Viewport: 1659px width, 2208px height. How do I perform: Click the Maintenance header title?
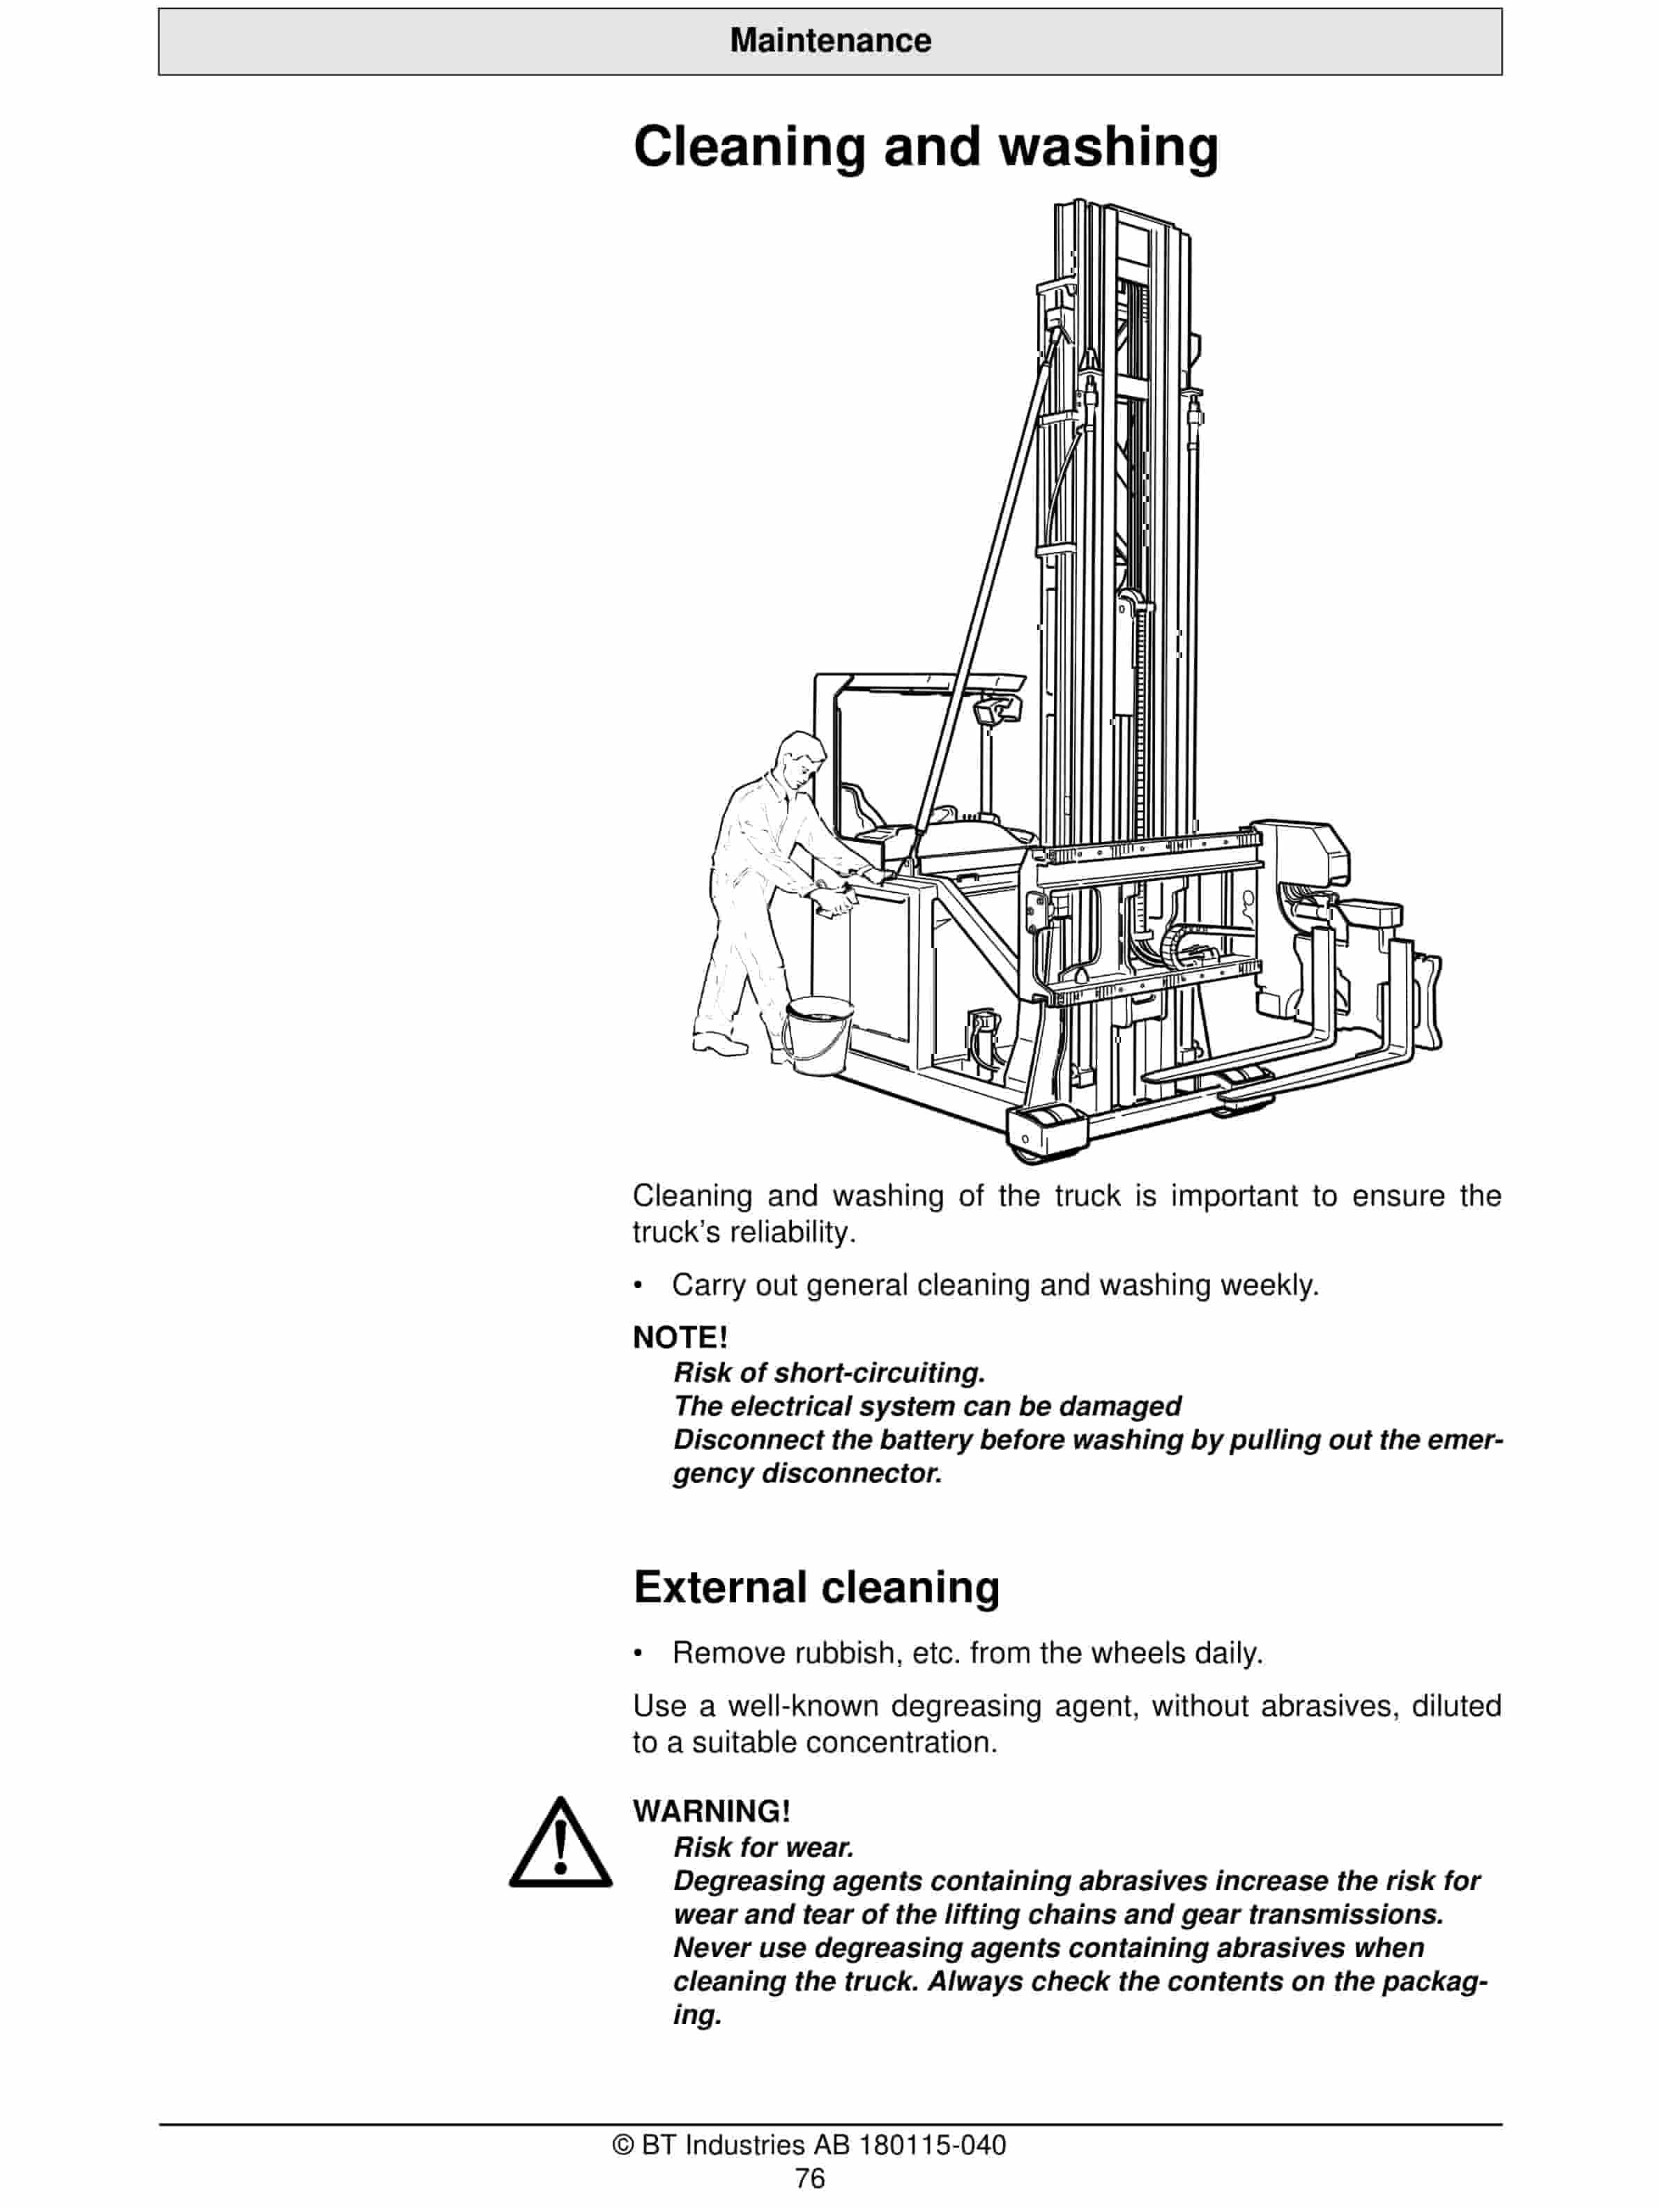829,41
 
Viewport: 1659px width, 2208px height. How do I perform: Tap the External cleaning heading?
816,1586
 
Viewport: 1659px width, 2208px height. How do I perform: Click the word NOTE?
680,1337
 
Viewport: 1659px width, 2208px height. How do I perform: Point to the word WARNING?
711,1811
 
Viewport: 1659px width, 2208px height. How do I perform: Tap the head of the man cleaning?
800,760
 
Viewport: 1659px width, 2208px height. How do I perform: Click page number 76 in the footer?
809,2178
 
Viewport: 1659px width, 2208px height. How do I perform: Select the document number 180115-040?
932,2145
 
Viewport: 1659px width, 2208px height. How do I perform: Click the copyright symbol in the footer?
623,2145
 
